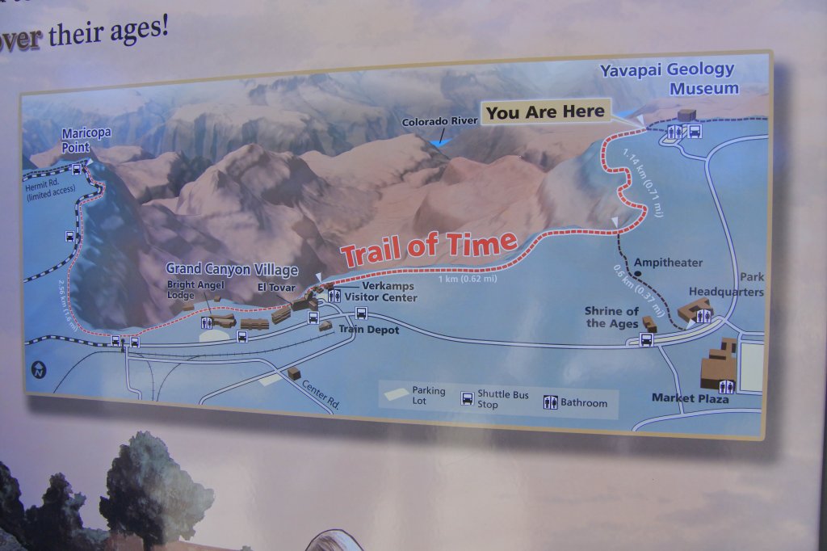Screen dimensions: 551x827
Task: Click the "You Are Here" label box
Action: (545, 112)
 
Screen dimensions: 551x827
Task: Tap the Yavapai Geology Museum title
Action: (667, 78)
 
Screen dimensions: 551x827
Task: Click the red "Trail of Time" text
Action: (428, 247)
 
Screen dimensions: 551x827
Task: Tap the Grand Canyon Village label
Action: (232, 269)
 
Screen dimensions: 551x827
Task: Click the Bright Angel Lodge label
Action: (191, 290)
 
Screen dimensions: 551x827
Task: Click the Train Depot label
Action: (368, 330)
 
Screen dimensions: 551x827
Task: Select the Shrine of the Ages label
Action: (612, 318)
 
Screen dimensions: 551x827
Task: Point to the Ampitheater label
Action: (668, 263)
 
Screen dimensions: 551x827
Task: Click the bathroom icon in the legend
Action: (550, 402)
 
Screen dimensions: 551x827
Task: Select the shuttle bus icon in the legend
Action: (467, 398)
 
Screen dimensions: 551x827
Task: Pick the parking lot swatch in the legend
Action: (395, 394)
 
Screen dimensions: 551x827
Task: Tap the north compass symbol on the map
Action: (40, 369)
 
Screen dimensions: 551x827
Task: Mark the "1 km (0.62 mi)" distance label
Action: (467, 279)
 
